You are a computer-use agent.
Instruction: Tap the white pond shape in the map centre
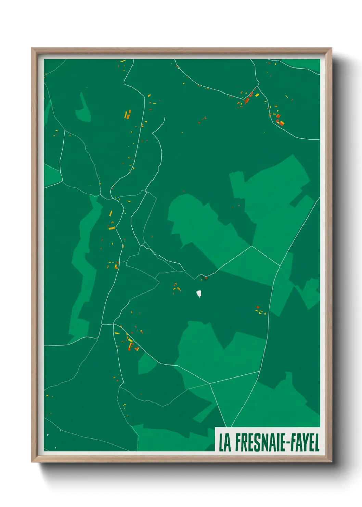(x=198, y=294)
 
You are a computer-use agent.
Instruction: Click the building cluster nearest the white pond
(x=176, y=288)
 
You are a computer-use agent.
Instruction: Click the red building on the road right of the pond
(x=206, y=278)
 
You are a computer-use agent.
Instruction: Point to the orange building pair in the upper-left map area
(x=128, y=114)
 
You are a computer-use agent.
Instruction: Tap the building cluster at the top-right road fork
(x=249, y=98)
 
